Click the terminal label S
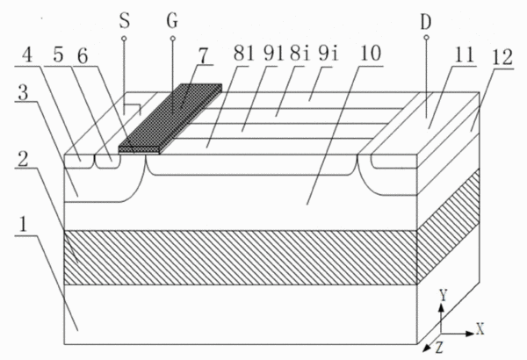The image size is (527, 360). point(125,21)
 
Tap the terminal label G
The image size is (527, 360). point(172,21)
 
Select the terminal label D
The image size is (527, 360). point(426,23)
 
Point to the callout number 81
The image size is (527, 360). point(243,54)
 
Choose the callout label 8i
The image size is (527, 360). point(300,54)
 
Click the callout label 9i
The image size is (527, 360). point(328,54)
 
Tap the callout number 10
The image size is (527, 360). point(370,54)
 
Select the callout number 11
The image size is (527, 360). point(464,54)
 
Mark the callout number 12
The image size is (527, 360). point(502,57)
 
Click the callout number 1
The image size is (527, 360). point(23,225)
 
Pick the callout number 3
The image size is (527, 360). point(23,93)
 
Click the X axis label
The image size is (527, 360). point(480,328)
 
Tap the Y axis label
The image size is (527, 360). point(444,295)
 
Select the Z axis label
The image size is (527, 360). point(439,348)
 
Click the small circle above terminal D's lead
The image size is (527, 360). point(426,37)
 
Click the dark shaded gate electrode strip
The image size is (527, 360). point(170,119)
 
